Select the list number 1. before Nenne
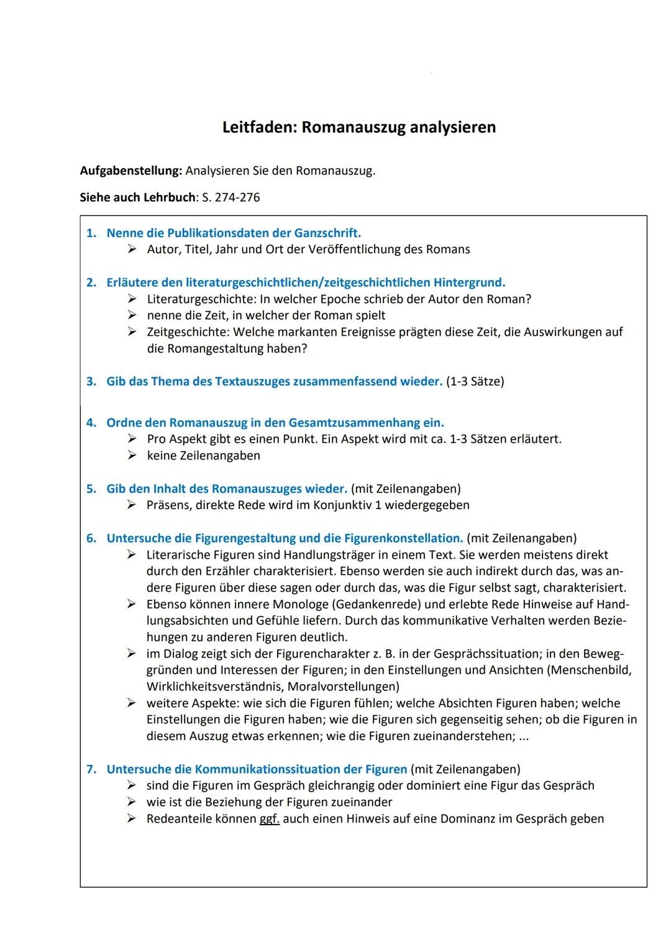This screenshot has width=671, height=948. (91, 233)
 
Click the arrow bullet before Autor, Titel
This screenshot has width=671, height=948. (132, 250)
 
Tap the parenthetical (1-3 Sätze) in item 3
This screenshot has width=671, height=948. (475, 381)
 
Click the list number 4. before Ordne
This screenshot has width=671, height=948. (91, 423)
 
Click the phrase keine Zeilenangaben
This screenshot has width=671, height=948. (204, 456)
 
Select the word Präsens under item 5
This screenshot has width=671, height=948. (168, 505)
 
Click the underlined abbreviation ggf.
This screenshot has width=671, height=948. (269, 819)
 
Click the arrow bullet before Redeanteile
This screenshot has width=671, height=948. (132, 819)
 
